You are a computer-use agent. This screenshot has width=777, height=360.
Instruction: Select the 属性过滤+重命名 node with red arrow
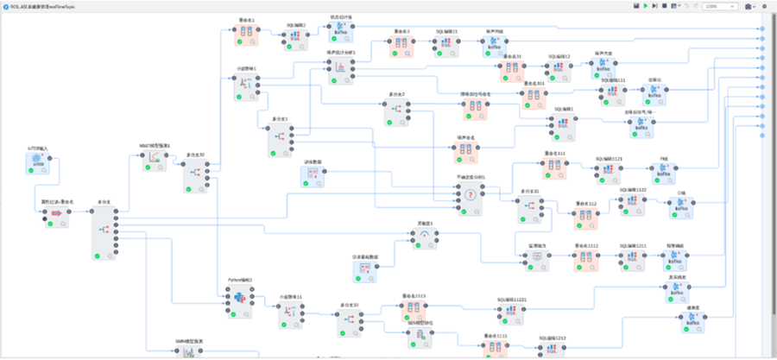pos(53,213)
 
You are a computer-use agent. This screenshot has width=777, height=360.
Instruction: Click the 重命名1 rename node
pos(246,35)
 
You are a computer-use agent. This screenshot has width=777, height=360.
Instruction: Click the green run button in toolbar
pos(645,6)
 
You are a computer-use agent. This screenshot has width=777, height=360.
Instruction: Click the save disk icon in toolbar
pos(635,6)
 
